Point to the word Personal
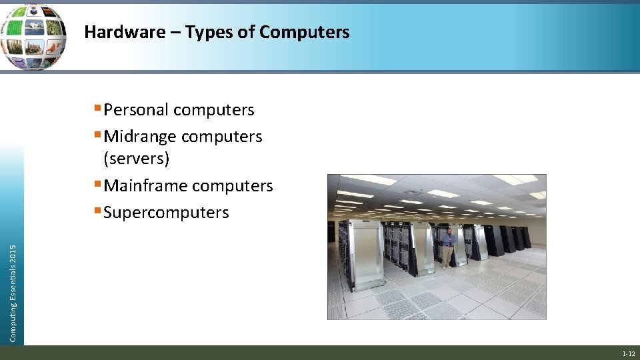(x=135, y=110)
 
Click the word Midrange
(x=140, y=137)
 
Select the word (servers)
(x=137, y=159)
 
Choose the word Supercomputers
(x=166, y=213)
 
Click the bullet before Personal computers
(x=97, y=108)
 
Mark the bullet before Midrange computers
(x=97, y=135)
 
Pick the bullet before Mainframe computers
(x=97, y=184)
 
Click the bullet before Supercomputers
(x=97, y=211)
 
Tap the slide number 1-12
(x=628, y=354)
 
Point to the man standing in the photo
(x=448, y=247)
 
